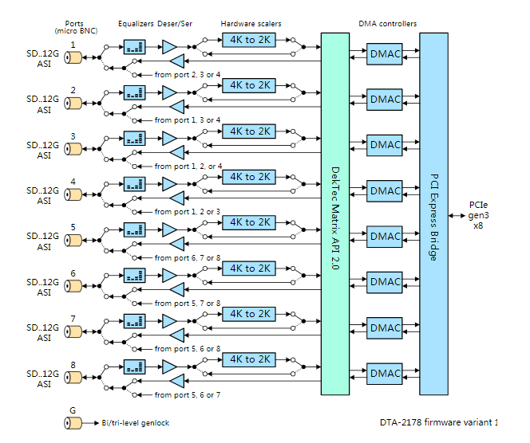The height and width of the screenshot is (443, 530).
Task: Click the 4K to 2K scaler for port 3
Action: tap(249, 131)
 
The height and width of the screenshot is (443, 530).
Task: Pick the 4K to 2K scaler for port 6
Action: tap(249, 269)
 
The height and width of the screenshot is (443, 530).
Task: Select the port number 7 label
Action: tap(73, 318)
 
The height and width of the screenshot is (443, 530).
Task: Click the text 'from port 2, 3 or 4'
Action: tap(188, 75)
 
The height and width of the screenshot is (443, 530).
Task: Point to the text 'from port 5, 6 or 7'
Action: tap(188, 394)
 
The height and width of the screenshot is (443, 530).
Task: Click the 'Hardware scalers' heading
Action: tap(251, 24)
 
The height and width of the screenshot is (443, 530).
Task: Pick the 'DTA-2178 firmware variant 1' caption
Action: tap(439, 422)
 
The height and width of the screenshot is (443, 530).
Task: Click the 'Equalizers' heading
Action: tap(135, 24)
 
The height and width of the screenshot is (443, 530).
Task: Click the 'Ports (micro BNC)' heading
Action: tap(74, 27)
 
